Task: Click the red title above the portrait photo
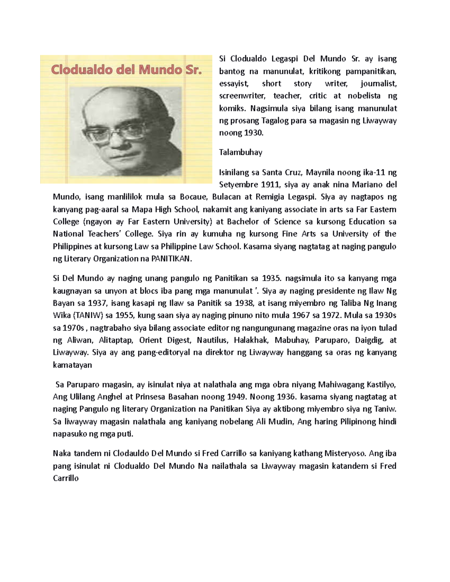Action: (x=126, y=70)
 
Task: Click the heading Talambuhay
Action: (x=240, y=152)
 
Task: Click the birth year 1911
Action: (x=270, y=184)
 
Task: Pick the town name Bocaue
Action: (x=193, y=197)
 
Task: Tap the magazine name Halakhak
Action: (x=251, y=340)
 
